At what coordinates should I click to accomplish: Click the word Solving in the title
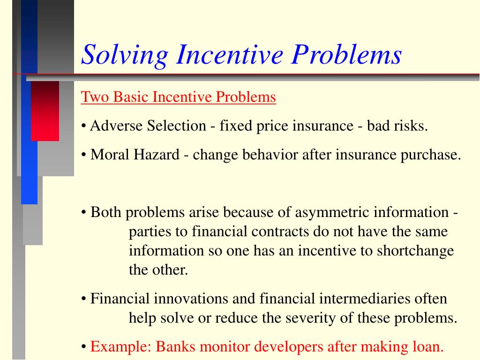tap(125, 55)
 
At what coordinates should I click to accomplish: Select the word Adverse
tap(117, 126)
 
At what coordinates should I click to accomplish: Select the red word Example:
tap(120, 347)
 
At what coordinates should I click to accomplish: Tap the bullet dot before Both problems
tap(83, 213)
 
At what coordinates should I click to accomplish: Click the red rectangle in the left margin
tap(45, 111)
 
